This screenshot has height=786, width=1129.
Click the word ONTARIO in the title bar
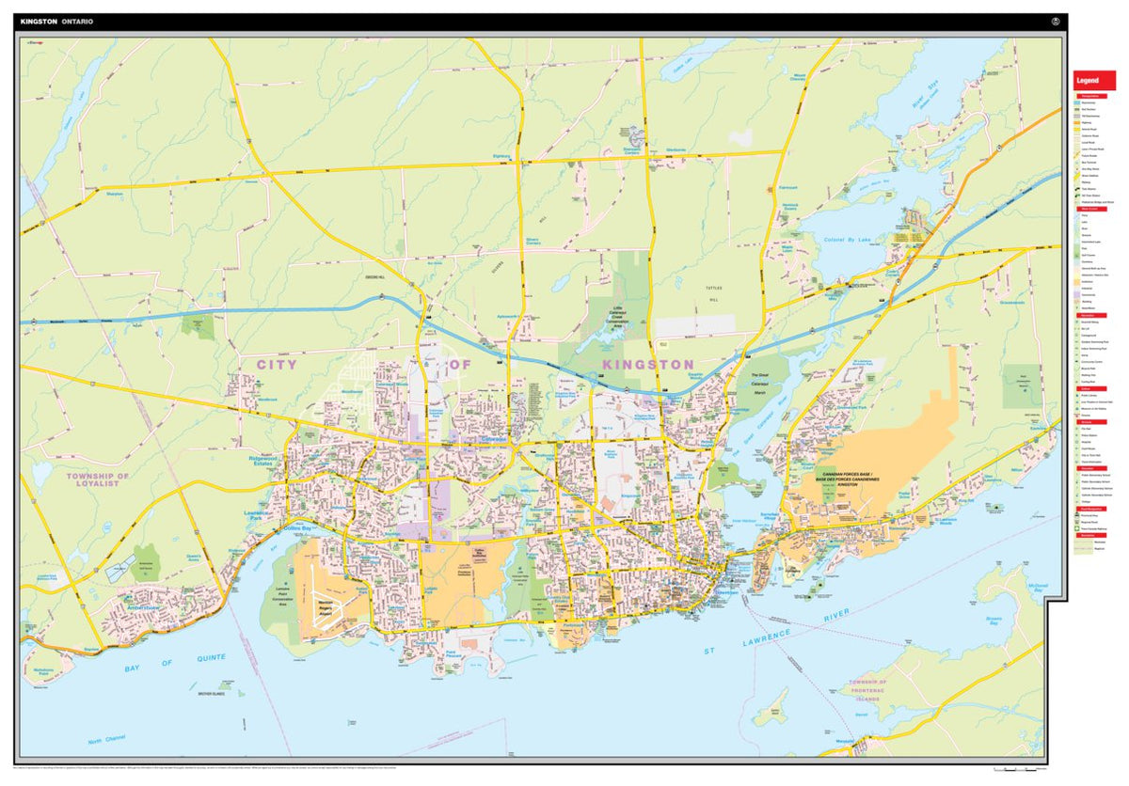78,21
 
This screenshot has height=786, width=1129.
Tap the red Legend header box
1094,81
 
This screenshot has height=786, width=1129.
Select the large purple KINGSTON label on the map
648,364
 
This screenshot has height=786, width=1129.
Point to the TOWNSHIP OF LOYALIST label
97,480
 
